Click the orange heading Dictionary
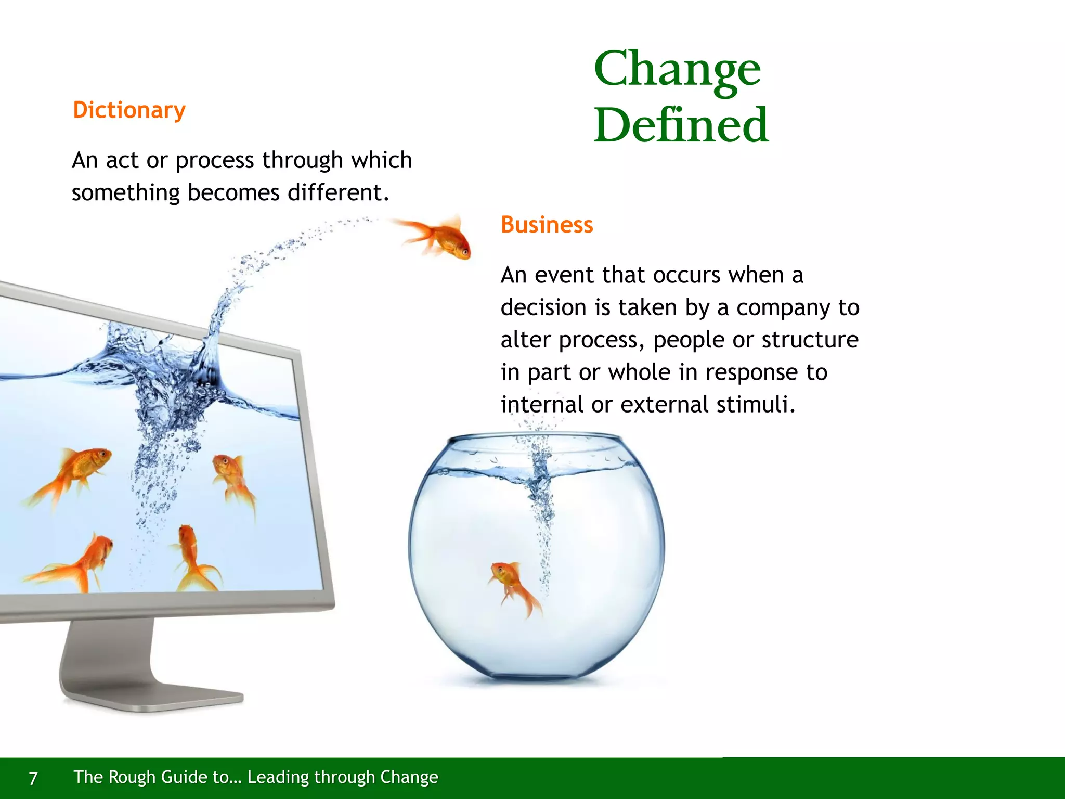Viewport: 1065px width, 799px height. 129,110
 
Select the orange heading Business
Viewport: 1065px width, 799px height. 547,225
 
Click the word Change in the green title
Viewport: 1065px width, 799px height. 677,70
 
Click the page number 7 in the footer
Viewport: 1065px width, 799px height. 33,778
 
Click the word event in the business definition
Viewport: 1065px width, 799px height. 565,275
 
